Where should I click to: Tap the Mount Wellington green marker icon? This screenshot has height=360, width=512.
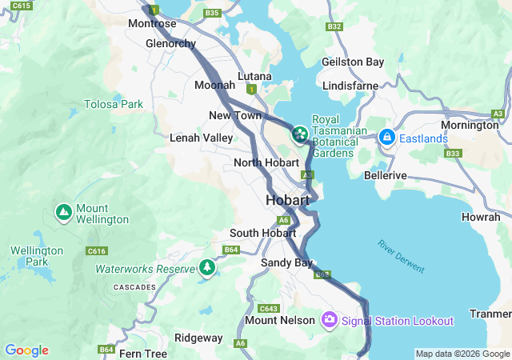coord(63,213)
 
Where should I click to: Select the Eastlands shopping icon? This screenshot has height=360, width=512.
coord(387,138)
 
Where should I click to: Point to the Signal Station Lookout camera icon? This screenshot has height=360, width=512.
coord(329,321)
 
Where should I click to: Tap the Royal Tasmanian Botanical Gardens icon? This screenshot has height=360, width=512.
coord(300,134)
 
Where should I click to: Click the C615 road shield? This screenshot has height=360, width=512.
coord(22,6)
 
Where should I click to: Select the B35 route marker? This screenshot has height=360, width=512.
coord(212,13)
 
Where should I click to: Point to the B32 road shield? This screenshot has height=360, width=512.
coord(334,26)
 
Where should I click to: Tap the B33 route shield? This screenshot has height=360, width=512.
coord(454,153)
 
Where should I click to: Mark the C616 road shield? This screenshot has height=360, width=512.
coord(97,251)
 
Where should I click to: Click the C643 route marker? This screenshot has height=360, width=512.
coord(268,308)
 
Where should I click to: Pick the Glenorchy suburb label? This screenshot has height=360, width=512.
coord(170,43)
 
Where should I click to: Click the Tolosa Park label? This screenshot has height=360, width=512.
coord(114,104)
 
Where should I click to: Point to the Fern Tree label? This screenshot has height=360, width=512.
coord(143,353)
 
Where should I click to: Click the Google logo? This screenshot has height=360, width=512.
coord(26,350)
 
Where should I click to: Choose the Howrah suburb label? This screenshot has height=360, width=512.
coord(481,217)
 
